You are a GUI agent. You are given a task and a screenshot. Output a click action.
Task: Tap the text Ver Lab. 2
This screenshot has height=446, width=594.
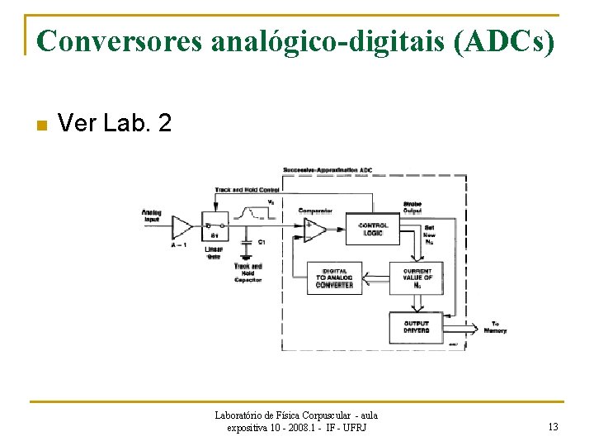[115, 124]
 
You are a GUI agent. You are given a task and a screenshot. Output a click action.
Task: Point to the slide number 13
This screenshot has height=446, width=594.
[552, 427]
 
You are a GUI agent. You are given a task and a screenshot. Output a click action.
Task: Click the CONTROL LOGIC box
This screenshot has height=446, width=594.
[373, 228]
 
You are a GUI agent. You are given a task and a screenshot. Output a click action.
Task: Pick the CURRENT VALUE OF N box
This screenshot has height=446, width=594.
[417, 278]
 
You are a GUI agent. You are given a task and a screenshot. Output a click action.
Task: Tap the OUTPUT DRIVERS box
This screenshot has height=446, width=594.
[417, 327]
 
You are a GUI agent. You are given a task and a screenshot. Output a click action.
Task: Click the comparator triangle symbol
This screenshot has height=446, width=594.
[313, 230]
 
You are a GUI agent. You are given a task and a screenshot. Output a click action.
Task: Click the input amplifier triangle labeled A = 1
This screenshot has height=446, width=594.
[181, 225]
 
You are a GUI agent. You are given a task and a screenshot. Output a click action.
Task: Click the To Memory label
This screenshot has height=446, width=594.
[494, 327]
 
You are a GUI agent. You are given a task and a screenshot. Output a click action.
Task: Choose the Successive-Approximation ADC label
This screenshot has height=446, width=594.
[328, 170]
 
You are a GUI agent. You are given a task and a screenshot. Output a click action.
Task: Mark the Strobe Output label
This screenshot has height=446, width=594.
[412, 206]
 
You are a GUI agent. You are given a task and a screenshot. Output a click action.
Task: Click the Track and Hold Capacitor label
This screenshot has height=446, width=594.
[247, 273]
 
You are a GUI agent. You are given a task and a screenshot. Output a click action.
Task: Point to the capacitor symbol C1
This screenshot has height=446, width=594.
[246, 243]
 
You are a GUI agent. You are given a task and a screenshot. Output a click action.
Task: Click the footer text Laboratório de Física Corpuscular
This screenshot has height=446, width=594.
[295, 415]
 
